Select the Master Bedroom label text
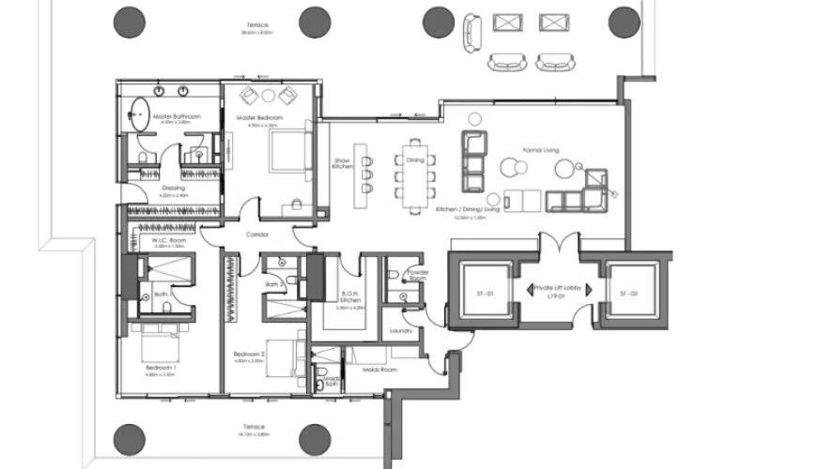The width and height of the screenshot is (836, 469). coord(259,117)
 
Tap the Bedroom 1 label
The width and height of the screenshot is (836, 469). coord(160,369)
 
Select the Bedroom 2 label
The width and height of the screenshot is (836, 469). coord(250,354)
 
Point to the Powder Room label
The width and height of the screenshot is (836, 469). coord(417,276)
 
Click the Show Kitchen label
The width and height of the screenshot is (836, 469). coord(342,163)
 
